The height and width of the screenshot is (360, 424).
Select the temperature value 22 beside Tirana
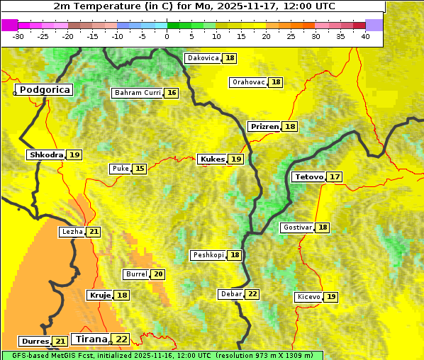click(122, 339)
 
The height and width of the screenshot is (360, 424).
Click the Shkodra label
click(46, 154)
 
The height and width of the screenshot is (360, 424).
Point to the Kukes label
click(212, 159)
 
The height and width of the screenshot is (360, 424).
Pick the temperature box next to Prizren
click(290, 126)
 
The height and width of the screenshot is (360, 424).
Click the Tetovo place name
click(308, 176)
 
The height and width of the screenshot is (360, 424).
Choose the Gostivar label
click(296, 227)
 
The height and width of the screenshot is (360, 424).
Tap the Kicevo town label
click(308, 297)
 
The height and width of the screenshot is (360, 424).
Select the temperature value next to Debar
click(252, 294)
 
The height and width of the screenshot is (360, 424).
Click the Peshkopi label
click(208, 255)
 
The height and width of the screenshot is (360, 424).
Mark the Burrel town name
click(136, 274)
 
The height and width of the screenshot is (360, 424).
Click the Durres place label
click(35, 342)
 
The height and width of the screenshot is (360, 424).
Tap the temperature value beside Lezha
click(94, 232)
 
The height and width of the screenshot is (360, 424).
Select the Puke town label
click(120, 169)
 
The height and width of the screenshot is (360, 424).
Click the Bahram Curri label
click(138, 93)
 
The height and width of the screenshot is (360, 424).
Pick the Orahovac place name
click(248, 82)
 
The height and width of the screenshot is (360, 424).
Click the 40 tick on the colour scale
click(365, 36)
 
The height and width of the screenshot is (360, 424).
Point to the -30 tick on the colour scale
click(18, 36)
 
